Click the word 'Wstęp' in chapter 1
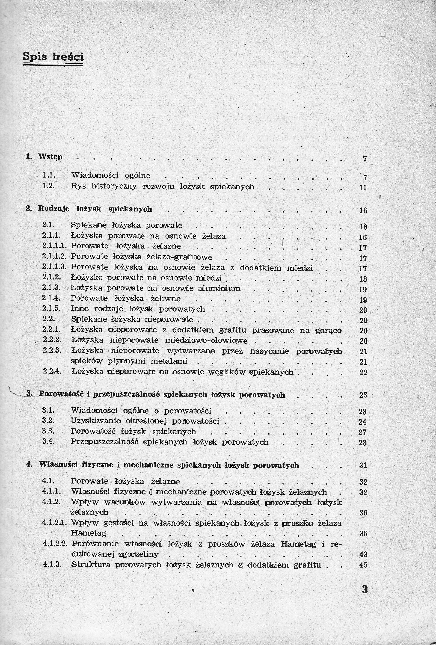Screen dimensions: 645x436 pyautogui.click(x=50, y=157)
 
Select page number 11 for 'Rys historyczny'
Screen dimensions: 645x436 pyautogui.click(x=363, y=188)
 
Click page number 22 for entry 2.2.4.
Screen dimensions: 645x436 pyautogui.click(x=363, y=373)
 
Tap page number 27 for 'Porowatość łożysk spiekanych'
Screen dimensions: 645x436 pyautogui.click(x=362, y=432)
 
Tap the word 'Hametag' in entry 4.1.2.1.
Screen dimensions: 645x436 pyautogui.click(x=89, y=533)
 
